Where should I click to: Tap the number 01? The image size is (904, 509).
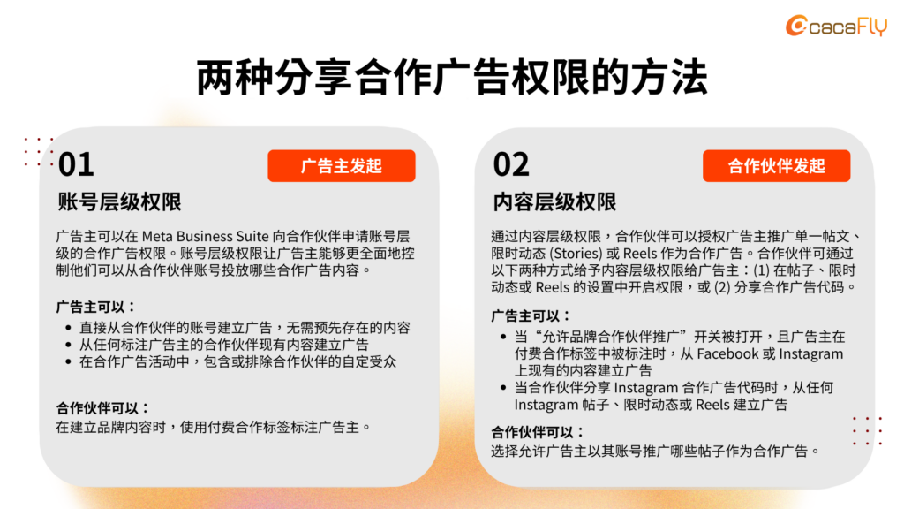click(76, 164)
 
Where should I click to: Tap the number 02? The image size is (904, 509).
click(511, 164)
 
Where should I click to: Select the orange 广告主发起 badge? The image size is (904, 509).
click(341, 166)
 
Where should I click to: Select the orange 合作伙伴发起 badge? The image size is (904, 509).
click(776, 166)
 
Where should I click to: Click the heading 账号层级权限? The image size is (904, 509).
click(119, 202)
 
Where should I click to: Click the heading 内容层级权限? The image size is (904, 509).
click(554, 202)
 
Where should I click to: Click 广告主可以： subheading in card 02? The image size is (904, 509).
click(531, 315)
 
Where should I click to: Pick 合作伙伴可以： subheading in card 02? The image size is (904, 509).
click(539, 432)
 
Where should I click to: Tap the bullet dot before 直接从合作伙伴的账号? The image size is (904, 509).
click(70, 328)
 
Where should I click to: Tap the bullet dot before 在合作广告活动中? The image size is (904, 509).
click(70, 361)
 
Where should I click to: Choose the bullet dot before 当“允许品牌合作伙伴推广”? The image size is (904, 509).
click(503, 337)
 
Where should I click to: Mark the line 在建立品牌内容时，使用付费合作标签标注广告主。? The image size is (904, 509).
click(213, 427)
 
